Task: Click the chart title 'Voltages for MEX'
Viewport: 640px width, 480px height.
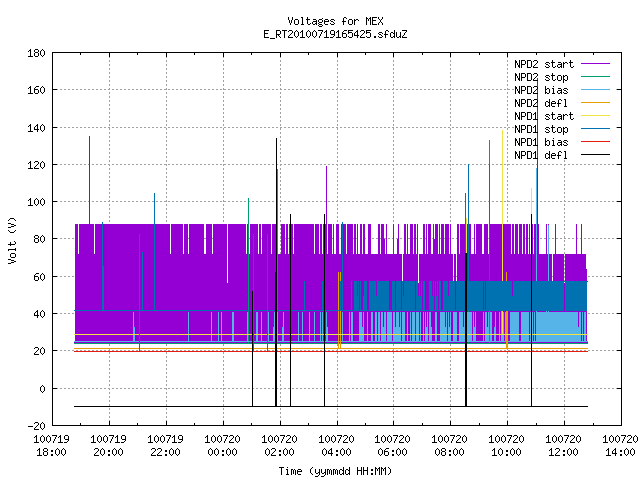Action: [335, 21]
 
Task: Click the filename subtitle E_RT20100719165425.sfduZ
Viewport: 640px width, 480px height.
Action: [335, 34]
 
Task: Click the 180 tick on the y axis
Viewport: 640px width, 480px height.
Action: [36, 53]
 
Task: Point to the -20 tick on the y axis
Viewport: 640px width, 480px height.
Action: [36, 426]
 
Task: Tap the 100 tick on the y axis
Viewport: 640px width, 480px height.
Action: [36, 202]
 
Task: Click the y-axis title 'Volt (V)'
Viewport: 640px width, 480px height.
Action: [13, 240]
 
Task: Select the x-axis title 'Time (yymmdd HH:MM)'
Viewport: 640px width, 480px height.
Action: [335, 471]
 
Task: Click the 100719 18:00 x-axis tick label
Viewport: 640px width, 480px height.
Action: [52, 446]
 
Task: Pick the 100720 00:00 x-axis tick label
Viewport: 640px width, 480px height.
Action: [222, 446]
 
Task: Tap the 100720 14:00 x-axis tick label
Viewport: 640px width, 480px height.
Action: [620, 446]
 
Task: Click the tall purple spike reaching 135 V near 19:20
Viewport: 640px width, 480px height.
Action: [89, 180]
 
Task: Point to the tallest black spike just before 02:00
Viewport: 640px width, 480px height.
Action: [276, 272]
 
